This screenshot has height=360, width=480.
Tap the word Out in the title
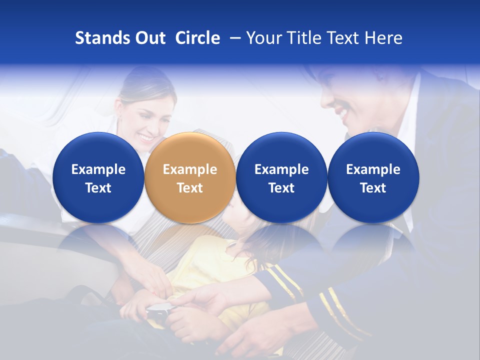click(x=149, y=38)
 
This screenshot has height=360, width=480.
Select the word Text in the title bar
click(x=342, y=38)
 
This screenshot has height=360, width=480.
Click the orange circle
click(x=190, y=177)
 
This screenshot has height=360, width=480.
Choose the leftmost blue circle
click(x=98, y=177)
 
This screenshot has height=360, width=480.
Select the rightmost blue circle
click(x=373, y=177)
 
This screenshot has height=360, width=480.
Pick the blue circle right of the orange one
click(x=281, y=177)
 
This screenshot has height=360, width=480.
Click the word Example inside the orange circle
click(x=190, y=169)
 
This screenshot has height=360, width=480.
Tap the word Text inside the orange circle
click(x=190, y=188)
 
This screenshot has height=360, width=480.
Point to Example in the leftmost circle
click(x=98, y=169)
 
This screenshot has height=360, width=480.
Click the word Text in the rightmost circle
click(x=373, y=188)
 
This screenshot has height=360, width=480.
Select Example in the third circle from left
click(x=281, y=169)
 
